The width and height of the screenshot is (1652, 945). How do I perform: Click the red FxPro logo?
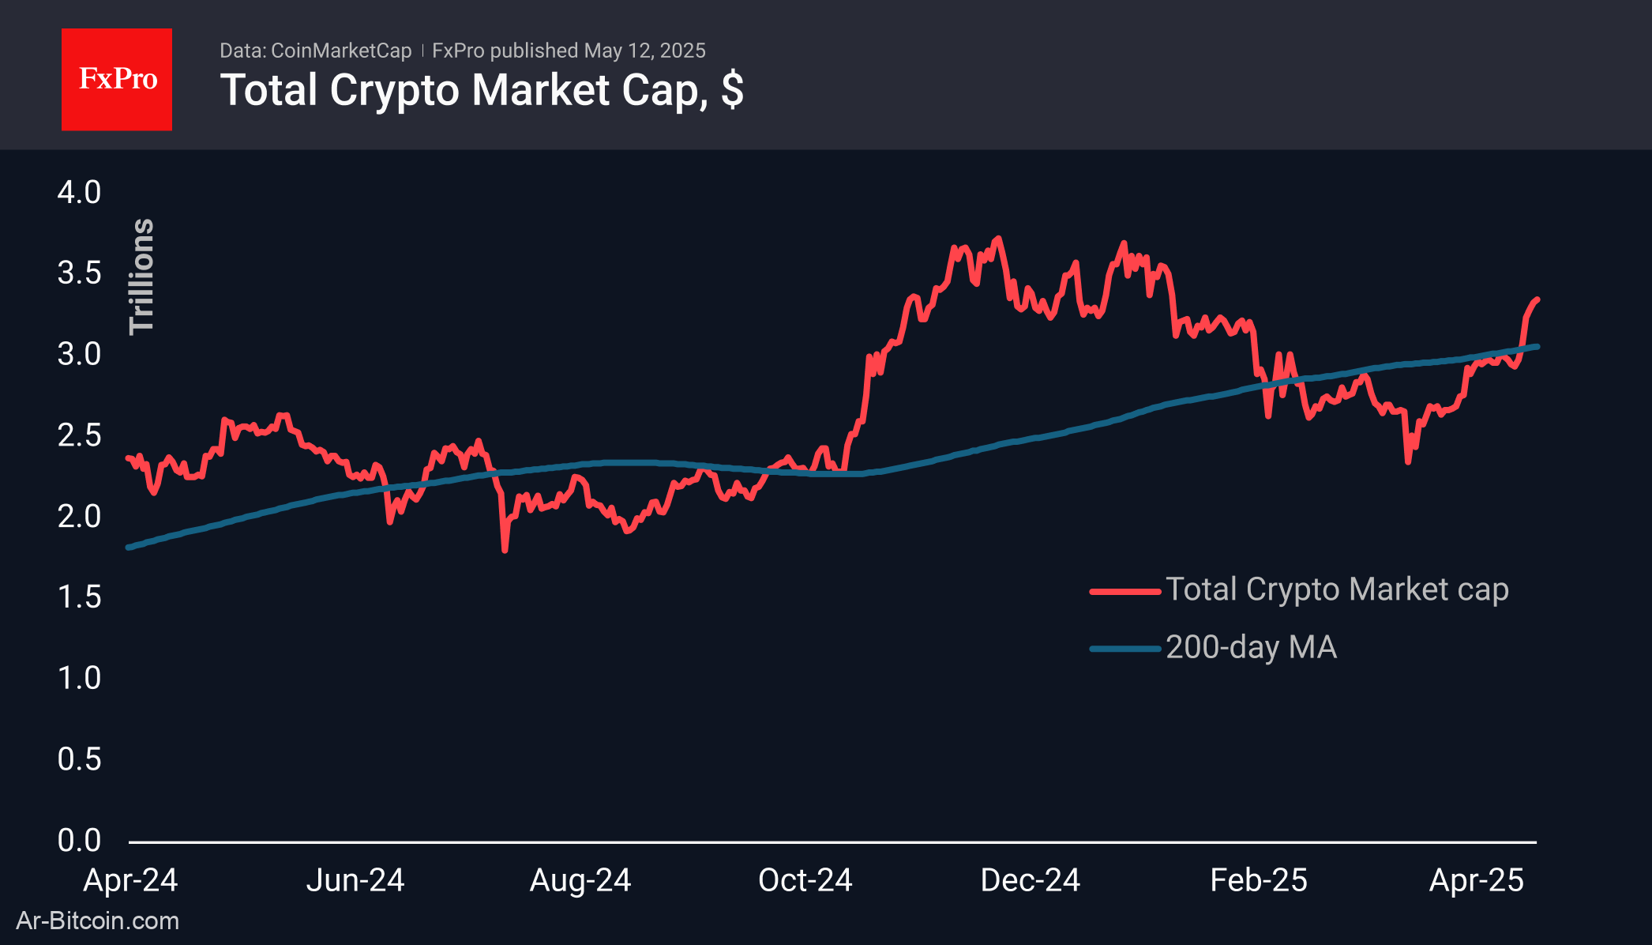(117, 80)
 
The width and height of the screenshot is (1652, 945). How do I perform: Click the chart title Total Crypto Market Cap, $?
(481, 90)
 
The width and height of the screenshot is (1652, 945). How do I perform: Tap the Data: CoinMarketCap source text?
(315, 51)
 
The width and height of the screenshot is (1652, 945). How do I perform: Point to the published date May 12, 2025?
(644, 51)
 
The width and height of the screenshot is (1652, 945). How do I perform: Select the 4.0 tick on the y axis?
(79, 193)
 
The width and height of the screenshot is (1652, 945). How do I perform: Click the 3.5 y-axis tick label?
(79, 273)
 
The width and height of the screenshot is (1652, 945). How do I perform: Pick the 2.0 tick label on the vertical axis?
(79, 517)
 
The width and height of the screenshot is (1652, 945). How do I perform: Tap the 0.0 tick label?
(79, 840)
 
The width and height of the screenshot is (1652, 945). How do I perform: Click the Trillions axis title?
(142, 277)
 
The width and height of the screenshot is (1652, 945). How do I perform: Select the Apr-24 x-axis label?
(130, 880)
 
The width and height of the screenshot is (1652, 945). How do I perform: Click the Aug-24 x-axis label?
(580, 880)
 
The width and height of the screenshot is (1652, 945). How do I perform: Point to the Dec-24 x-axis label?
(1030, 880)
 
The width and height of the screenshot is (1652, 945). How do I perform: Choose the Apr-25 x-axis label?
(1476, 880)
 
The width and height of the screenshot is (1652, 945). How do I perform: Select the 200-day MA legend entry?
(1251, 647)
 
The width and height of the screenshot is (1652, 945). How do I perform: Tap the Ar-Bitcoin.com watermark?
(98, 921)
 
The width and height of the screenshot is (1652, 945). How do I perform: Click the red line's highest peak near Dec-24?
(999, 238)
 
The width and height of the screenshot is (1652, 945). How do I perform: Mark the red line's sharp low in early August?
(505, 549)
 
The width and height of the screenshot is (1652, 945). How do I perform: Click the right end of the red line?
(1537, 299)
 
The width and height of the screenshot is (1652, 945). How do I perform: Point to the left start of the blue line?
(129, 547)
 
